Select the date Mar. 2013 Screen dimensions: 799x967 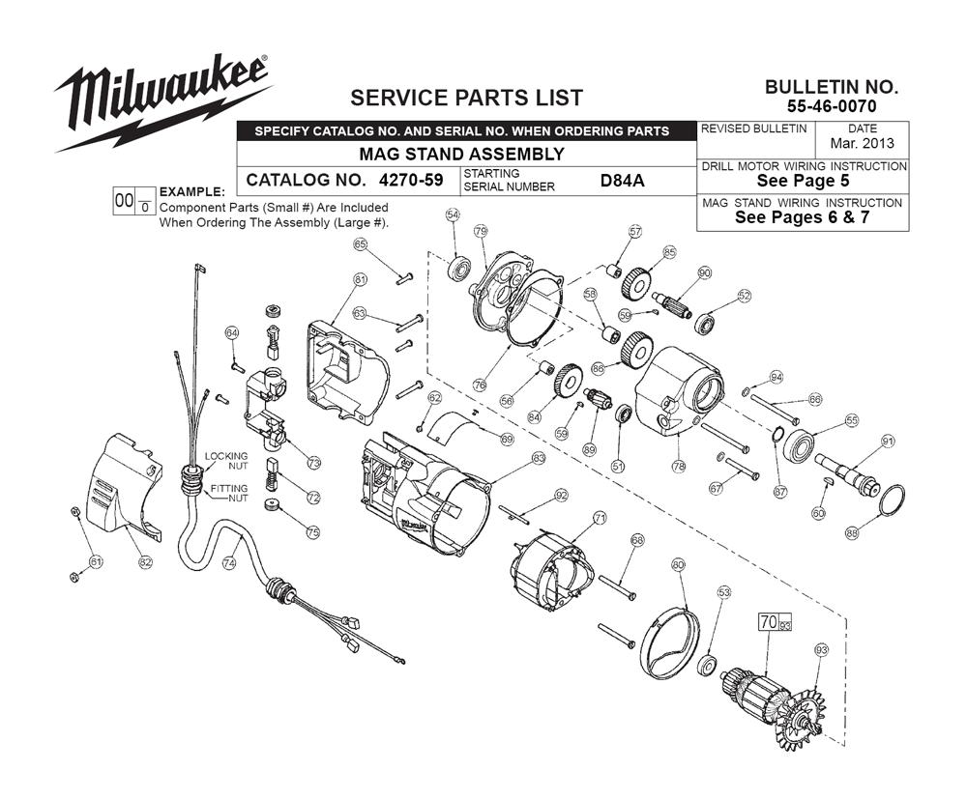(x=862, y=143)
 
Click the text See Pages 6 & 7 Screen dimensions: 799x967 (x=803, y=217)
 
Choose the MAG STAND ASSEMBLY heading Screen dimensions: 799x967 (x=461, y=154)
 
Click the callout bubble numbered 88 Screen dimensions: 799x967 (x=852, y=531)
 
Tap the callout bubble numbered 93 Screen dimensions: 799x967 (x=822, y=649)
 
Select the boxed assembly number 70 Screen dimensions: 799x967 (x=769, y=623)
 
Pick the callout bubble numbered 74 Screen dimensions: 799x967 (x=229, y=564)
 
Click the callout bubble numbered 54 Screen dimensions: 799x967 (x=452, y=215)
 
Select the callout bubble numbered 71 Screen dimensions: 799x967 (x=600, y=519)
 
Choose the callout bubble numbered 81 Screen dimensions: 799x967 (x=361, y=279)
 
